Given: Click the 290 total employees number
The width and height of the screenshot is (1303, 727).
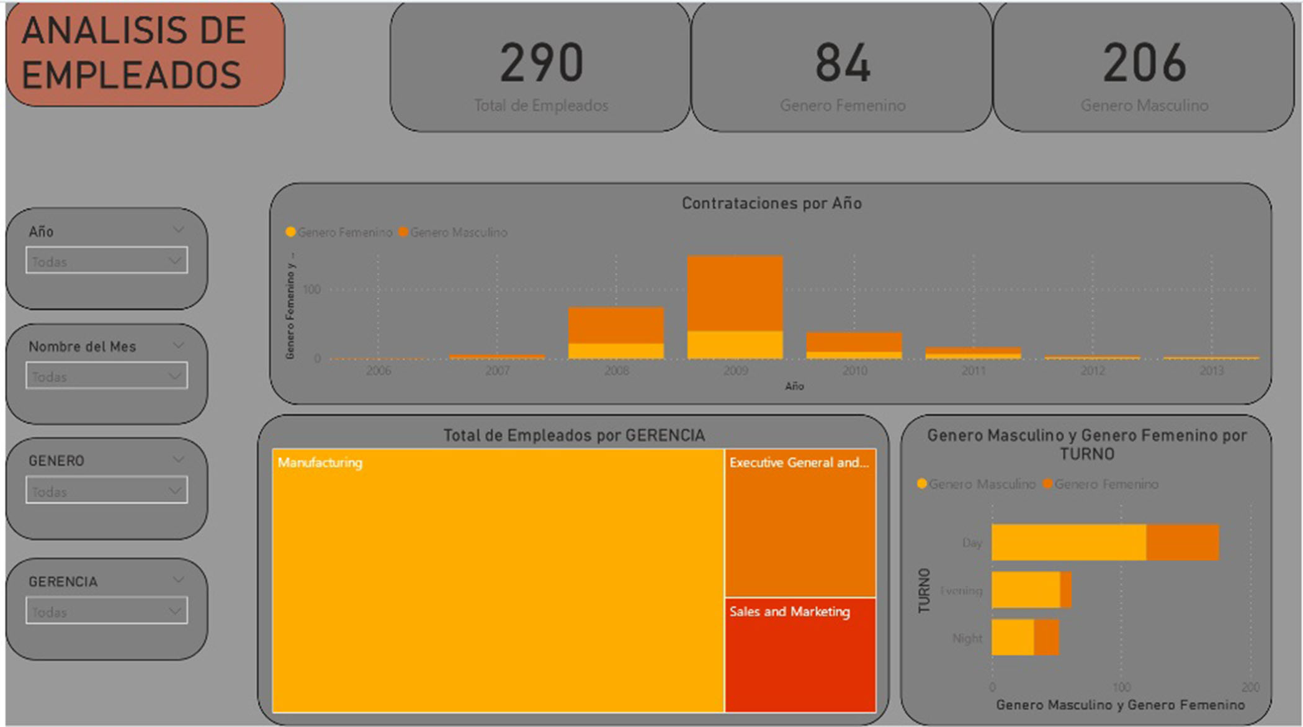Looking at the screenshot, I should tap(541, 63).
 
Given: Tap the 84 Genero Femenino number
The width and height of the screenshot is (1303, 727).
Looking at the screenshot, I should tap(842, 63).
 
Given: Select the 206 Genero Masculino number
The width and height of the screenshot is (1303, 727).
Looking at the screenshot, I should tap(1144, 63).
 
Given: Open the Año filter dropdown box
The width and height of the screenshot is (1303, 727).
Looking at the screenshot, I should tap(107, 261).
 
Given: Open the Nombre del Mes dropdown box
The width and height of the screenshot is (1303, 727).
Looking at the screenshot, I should tap(107, 376).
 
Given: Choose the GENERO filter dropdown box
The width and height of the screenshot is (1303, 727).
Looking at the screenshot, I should tap(107, 490).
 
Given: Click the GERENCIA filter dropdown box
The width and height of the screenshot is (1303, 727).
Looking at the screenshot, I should tap(107, 611).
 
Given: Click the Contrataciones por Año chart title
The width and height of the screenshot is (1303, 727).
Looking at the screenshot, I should tap(771, 204).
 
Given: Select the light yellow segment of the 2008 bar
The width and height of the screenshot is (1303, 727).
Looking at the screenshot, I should tap(616, 351).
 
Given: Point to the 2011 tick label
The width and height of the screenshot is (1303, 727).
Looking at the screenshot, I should tap(973, 371).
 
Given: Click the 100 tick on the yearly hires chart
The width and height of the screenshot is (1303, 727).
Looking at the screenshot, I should tap(311, 289).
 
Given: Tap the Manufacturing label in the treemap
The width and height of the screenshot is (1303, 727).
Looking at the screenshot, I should tap(320, 463).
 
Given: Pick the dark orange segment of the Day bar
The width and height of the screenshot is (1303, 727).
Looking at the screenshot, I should tap(1183, 543).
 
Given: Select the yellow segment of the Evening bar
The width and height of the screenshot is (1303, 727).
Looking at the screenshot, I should tap(1026, 590).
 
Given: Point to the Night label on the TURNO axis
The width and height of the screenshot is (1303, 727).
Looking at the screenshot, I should tap(967, 638).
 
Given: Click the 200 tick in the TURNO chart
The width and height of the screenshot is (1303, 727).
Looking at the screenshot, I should tap(1250, 687).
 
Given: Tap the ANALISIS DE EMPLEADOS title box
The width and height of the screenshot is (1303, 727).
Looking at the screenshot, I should tap(145, 54).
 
